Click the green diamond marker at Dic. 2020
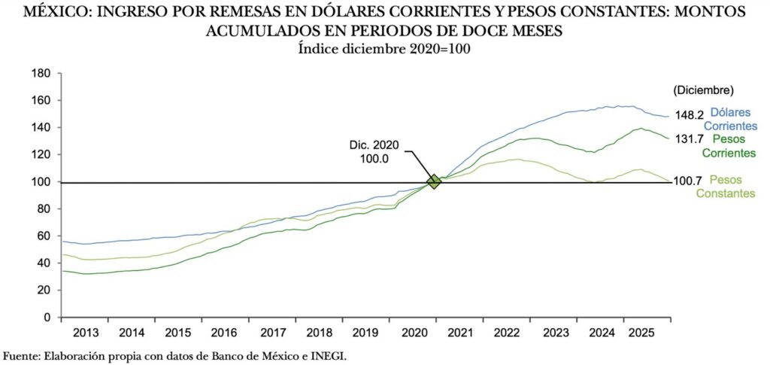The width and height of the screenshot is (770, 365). point(434,181)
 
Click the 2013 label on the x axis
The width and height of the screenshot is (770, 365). point(86,333)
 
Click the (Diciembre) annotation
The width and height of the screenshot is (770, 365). point(703,90)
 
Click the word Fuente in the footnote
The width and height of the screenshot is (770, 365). point(20,355)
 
